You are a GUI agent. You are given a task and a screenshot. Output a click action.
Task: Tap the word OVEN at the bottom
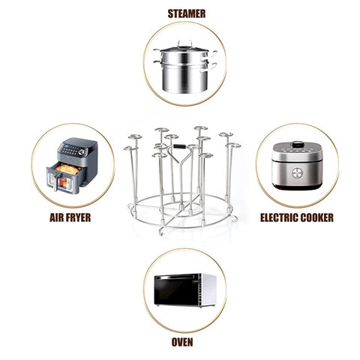point(181,342)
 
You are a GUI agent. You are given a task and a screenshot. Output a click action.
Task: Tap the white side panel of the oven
point(211,289)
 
